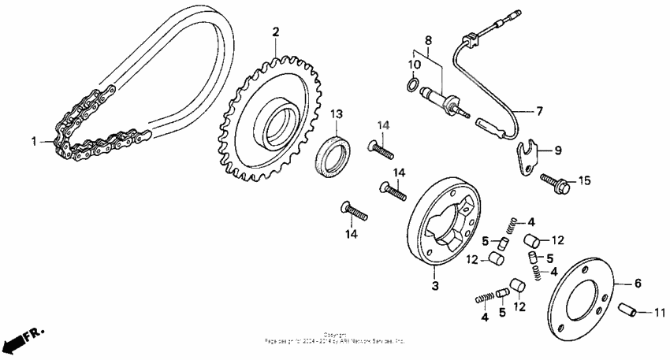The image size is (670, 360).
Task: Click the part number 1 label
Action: coord(34,141)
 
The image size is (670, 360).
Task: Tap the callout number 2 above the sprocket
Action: coord(276,32)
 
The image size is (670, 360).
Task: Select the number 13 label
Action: coord(336,114)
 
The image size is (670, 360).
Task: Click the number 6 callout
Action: coord(638,282)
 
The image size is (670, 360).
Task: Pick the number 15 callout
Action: coord(584,180)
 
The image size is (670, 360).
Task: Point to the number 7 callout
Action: coord(541,112)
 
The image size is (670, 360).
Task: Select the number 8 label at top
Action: coord(428,39)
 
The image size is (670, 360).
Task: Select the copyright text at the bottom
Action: coord(334,339)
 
